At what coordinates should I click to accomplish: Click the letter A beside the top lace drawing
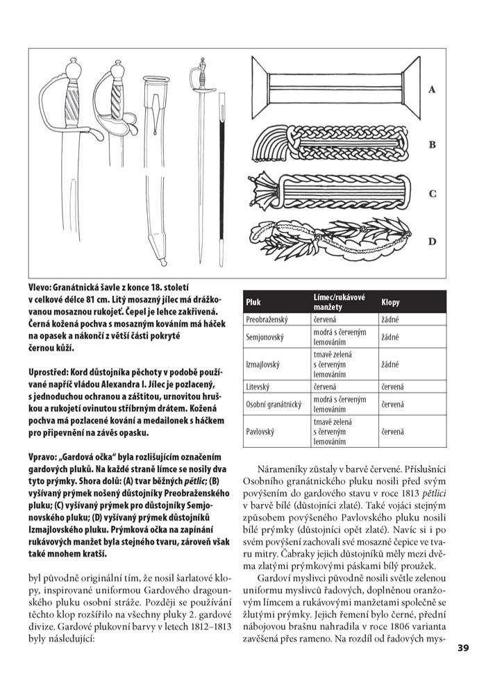coord(432,90)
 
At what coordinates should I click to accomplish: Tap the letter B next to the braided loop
coord(432,145)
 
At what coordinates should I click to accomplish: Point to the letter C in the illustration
coord(432,194)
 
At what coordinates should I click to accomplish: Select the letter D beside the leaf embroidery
coord(432,242)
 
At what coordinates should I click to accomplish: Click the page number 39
coord(464,648)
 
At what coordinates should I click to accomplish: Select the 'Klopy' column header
coord(390,303)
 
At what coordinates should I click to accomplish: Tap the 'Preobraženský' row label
coord(267,319)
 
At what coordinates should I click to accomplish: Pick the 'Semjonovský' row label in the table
coord(265,337)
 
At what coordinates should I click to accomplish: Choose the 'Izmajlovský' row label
coord(262,363)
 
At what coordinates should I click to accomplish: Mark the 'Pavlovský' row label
coord(260,431)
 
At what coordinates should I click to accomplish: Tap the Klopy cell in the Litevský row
coord(392,387)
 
